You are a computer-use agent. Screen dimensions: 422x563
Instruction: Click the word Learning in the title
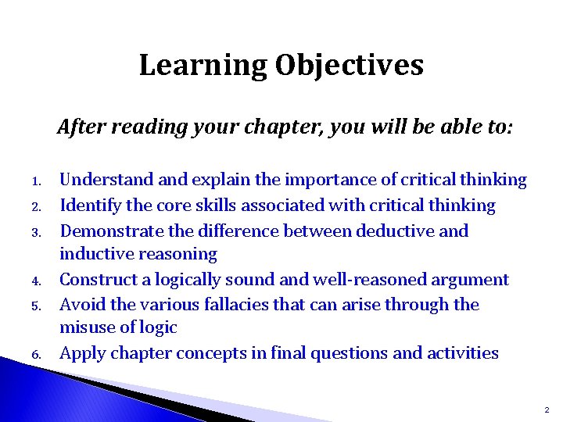[x=203, y=66]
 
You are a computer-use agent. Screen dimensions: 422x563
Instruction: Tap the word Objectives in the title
[x=349, y=66]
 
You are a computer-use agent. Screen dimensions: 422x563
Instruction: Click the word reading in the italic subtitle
[x=144, y=127]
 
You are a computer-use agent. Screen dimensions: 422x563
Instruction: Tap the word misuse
[x=87, y=327]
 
